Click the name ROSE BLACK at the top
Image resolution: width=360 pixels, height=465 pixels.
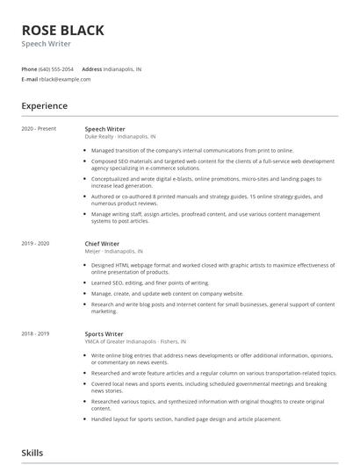[x=62, y=30]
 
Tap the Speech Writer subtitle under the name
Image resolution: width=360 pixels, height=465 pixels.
[x=47, y=44]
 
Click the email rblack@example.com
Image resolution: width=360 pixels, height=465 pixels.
[x=65, y=79]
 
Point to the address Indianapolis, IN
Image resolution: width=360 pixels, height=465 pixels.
[x=122, y=68]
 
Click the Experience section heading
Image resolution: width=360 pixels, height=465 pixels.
[x=44, y=106]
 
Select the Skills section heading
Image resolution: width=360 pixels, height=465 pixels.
[x=32, y=453]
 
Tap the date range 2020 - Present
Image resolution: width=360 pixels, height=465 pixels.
[x=39, y=129]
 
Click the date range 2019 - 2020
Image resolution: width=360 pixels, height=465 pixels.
[x=35, y=243]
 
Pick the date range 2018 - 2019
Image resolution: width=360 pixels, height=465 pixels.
[x=35, y=334]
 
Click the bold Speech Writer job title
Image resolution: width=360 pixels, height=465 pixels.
[x=104, y=129]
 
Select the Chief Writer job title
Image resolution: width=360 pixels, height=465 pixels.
[x=103, y=243]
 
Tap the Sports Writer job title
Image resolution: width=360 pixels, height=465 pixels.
[x=104, y=334]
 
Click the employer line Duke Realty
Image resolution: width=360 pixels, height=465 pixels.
[x=120, y=137]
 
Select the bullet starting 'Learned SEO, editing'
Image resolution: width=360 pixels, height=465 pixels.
[x=150, y=283]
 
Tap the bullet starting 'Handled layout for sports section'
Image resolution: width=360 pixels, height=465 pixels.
[x=186, y=419]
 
